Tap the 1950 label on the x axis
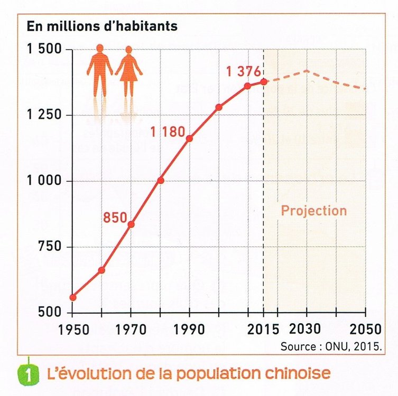(x=73, y=329)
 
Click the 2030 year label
(x=306, y=329)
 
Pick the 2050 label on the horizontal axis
(x=364, y=329)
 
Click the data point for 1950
(x=73, y=297)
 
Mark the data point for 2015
(x=263, y=81)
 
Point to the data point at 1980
(x=160, y=180)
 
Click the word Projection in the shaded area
(x=313, y=211)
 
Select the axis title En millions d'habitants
(x=102, y=26)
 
